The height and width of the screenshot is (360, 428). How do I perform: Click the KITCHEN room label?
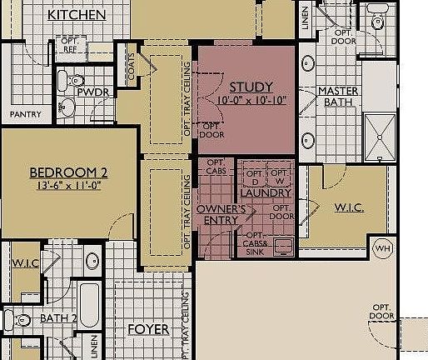(x=77, y=15)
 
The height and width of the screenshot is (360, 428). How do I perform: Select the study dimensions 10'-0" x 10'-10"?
(x=247, y=100)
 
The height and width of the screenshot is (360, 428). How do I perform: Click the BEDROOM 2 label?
(x=68, y=172)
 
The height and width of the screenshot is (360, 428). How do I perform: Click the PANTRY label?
(x=25, y=112)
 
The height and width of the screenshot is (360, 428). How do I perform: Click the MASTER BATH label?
(x=340, y=97)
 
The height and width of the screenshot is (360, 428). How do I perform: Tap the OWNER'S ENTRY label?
(x=221, y=214)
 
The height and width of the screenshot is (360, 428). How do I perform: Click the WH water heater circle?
(x=383, y=247)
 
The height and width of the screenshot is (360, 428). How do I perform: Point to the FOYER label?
(x=148, y=329)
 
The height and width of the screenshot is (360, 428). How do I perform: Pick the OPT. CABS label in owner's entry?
(x=216, y=167)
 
